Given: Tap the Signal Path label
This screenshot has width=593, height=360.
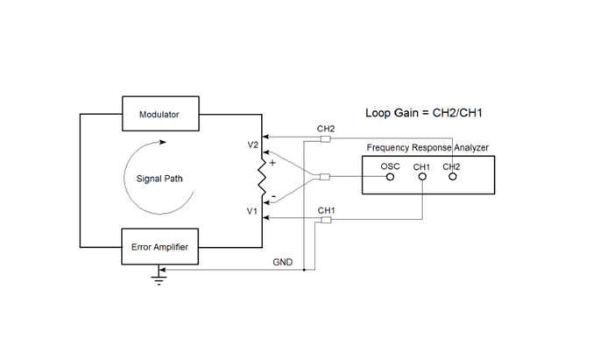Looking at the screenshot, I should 159,179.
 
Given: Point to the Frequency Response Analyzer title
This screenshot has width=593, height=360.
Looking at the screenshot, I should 427,147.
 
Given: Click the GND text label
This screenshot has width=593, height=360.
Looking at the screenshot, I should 283,262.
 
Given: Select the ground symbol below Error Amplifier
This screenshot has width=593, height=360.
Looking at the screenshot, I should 158,279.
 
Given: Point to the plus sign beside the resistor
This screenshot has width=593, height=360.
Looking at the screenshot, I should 272,163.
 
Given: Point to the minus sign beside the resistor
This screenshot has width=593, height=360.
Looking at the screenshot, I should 272,194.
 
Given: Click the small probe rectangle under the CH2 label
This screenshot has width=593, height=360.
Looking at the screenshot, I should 325,138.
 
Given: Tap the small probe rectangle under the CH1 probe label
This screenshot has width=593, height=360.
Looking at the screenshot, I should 325,219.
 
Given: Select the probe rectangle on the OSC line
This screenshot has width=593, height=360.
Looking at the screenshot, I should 325,178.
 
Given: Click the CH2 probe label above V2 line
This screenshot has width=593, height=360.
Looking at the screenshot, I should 325,128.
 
